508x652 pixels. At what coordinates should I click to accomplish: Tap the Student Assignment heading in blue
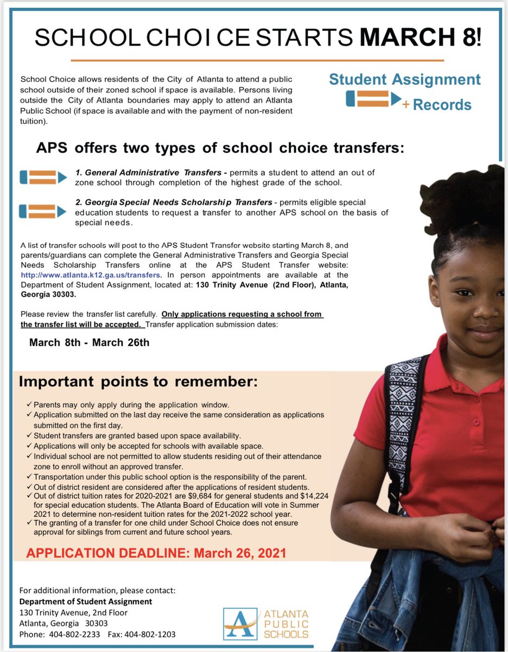pyautogui.click(x=404, y=79)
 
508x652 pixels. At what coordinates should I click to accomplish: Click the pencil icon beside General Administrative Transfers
pyautogui.click(x=43, y=177)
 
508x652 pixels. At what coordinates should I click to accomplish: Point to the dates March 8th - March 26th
pyautogui.click(x=89, y=343)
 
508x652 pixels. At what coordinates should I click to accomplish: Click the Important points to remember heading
pyautogui.click(x=138, y=381)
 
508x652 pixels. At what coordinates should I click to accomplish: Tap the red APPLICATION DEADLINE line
pyautogui.click(x=156, y=553)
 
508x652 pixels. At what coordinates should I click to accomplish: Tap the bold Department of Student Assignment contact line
pyautogui.click(x=86, y=601)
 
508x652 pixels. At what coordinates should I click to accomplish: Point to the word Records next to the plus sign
pyautogui.click(x=442, y=104)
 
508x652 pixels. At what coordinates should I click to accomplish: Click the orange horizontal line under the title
pyautogui.click(x=257, y=60)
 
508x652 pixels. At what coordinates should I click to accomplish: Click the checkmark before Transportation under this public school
pyautogui.click(x=29, y=477)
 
